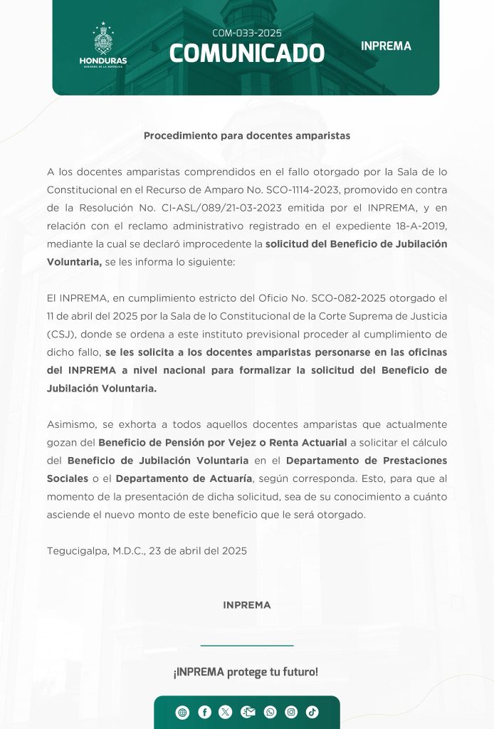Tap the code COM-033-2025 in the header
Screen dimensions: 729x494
click(x=247, y=33)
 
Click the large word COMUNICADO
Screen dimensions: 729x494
click(x=247, y=53)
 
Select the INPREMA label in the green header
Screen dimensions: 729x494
click(x=386, y=46)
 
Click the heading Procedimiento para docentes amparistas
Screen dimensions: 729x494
click(x=247, y=135)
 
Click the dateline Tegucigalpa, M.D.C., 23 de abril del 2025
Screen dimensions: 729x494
click(x=147, y=551)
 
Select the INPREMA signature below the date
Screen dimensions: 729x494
click(x=247, y=605)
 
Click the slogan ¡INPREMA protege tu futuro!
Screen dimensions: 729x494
click(x=246, y=672)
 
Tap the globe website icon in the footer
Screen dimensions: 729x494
click(x=183, y=713)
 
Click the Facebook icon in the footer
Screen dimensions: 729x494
click(x=204, y=713)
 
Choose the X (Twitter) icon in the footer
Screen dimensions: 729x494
click(x=226, y=713)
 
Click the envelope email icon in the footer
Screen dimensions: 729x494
click(x=248, y=713)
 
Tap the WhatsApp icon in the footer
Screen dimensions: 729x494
click(x=270, y=713)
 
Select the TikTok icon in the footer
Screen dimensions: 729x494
click(x=312, y=713)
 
